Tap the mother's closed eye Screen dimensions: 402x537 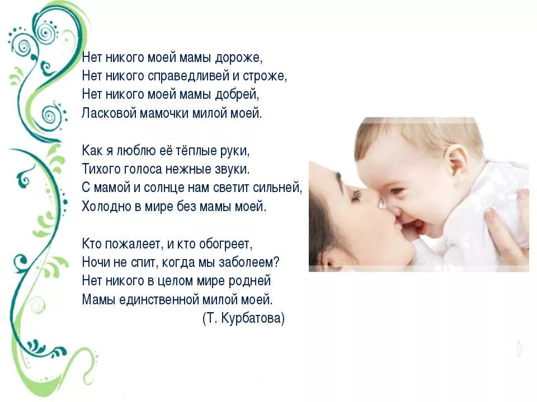[x=356, y=195]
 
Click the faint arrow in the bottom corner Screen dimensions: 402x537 [x=520, y=348]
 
